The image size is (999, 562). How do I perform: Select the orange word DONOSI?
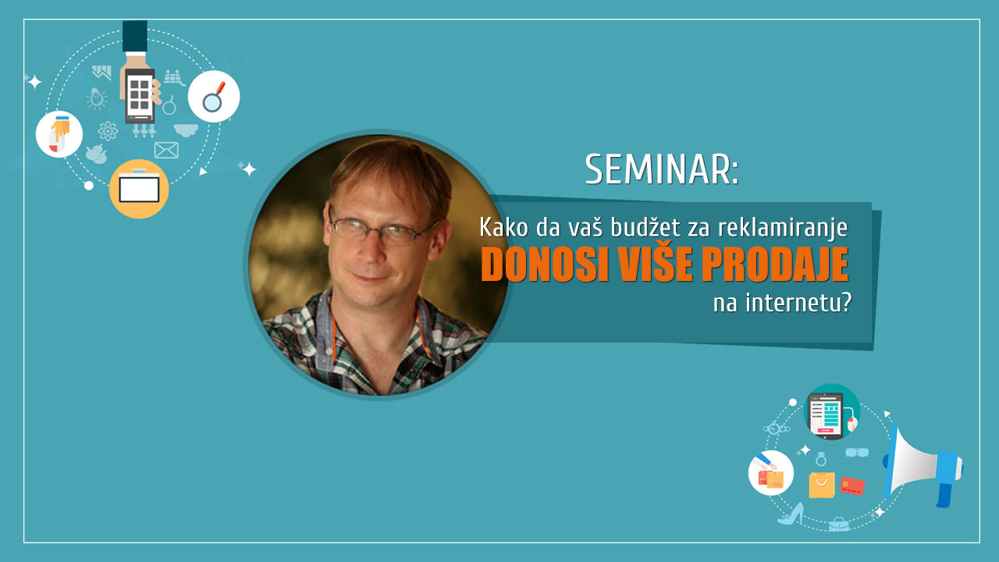click(545, 264)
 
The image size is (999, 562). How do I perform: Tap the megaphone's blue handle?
click(945, 489)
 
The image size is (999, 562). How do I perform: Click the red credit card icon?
click(851, 486)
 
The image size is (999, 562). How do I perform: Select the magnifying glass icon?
click(214, 96)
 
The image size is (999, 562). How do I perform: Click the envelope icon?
click(166, 151)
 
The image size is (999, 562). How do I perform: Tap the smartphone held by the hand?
click(140, 95)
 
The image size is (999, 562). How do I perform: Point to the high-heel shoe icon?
click(791, 514)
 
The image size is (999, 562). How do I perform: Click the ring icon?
click(820, 459)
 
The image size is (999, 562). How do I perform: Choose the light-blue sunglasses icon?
click(857, 453)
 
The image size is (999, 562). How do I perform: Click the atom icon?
click(108, 131)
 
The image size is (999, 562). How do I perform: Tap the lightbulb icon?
click(96, 98)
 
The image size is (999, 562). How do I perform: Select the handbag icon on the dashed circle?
click(839, 525)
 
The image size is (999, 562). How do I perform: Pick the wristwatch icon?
click(776, 429)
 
